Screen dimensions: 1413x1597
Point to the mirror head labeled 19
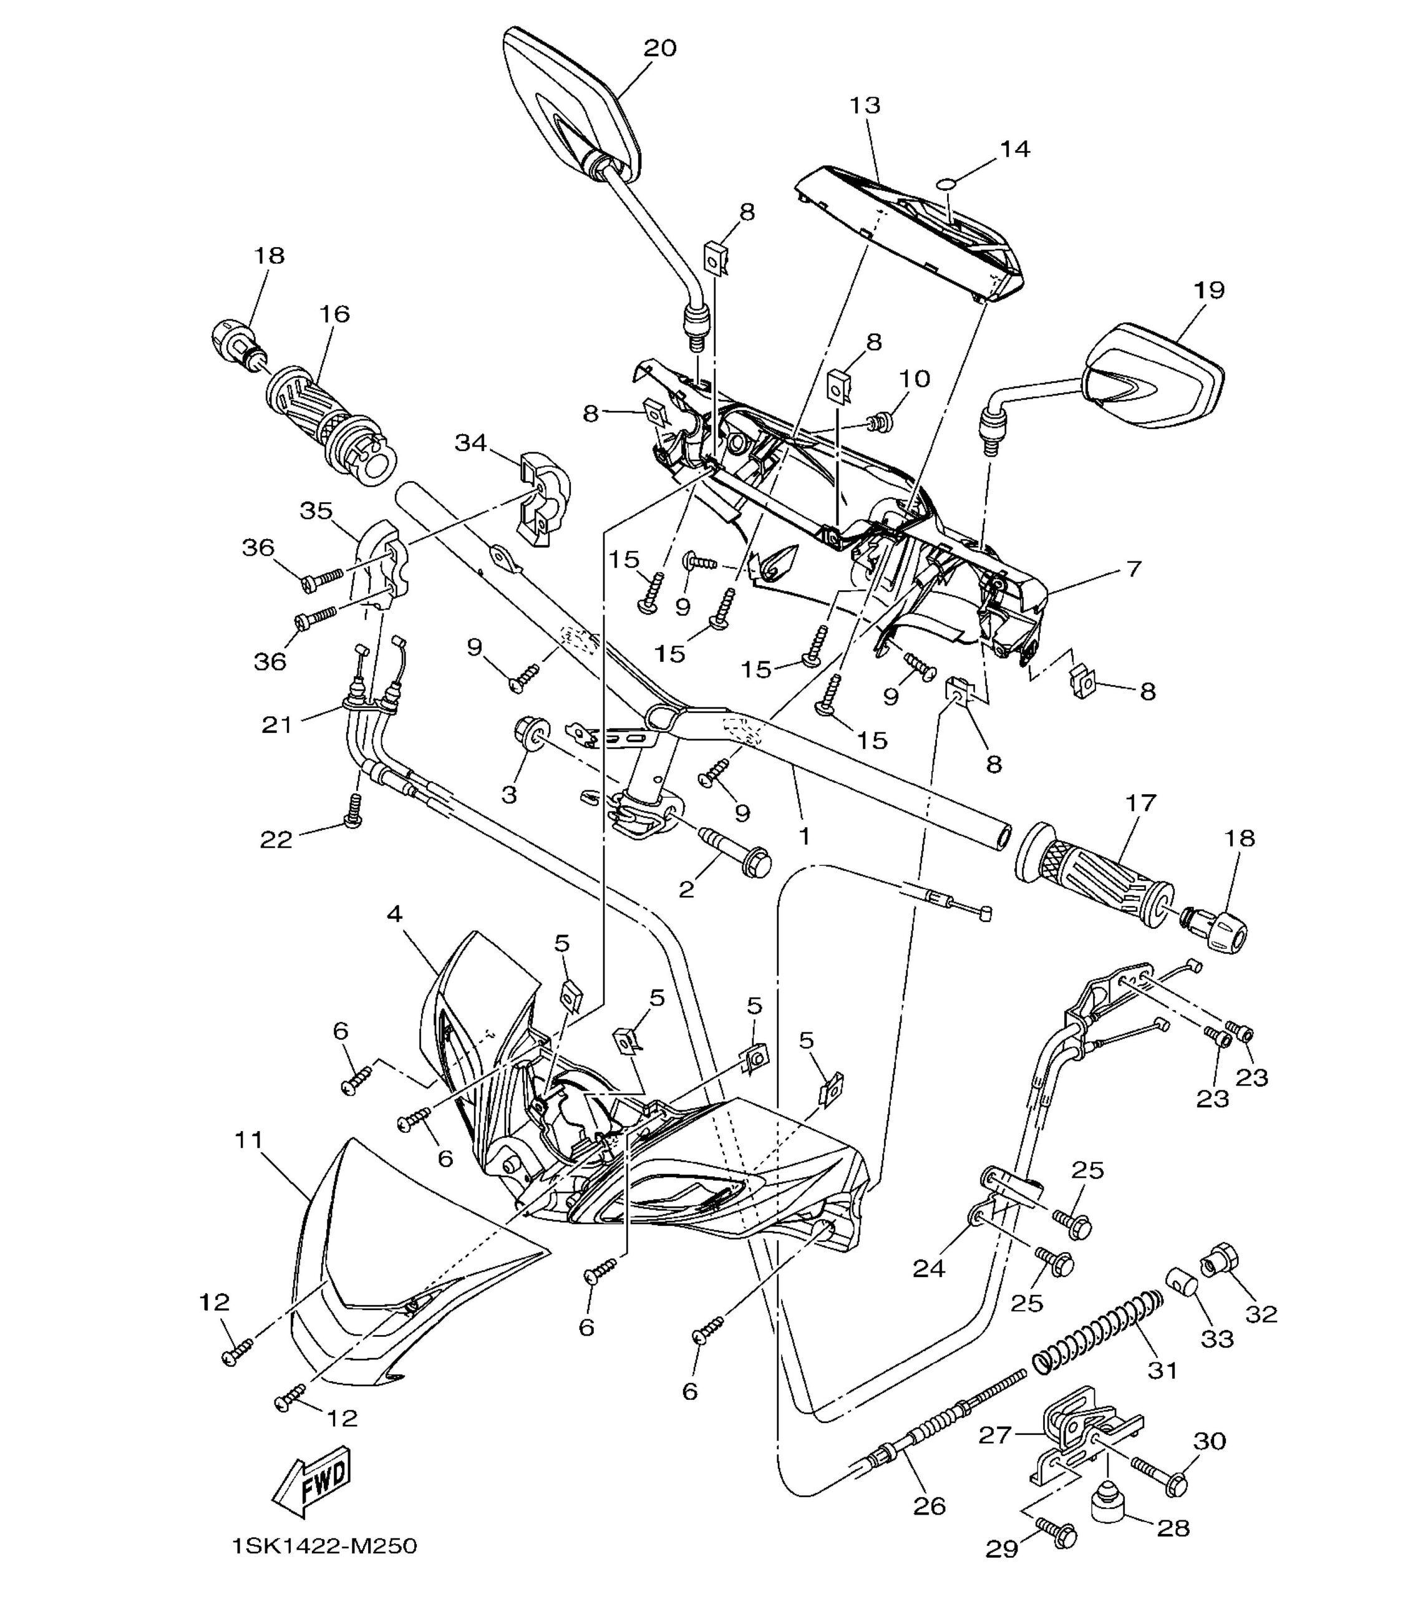tap(1153, 376)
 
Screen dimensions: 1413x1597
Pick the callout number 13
tap(865, 105)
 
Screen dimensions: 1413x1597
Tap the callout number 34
tap(471, 442)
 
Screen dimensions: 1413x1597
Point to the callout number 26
tap(930, 1505)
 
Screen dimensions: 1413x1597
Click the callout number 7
tap(1134, 569)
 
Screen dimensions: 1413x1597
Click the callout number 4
tap(395, 913)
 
